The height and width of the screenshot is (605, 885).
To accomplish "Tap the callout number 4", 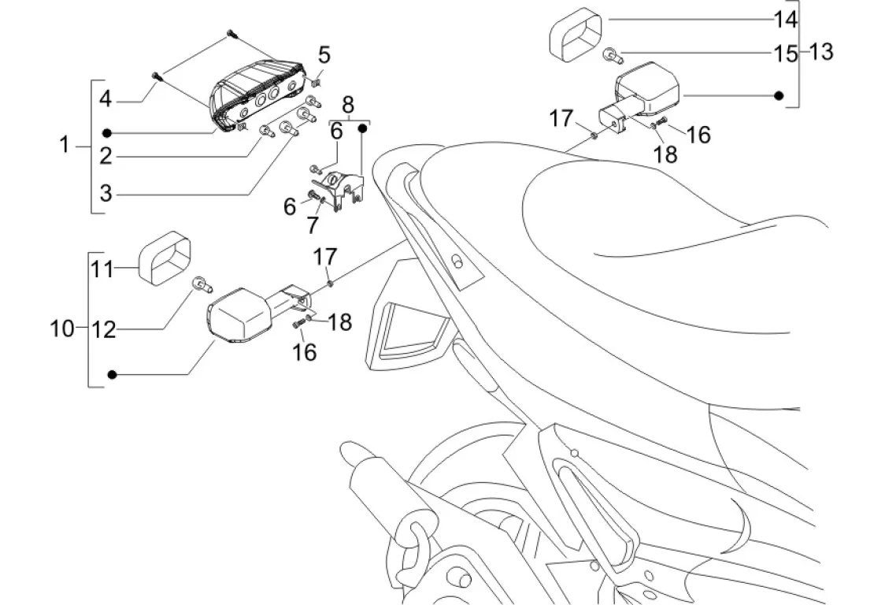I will pos(107,100).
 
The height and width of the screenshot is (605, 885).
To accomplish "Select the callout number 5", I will pos(324,55).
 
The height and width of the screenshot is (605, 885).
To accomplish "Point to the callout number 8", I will pos(348,103).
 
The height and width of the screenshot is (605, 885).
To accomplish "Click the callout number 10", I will pos(61,328).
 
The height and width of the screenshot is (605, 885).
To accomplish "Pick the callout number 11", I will pos(102,269).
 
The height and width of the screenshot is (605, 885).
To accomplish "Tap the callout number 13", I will pos(820,52).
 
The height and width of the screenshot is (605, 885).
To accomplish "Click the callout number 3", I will pos(107,191).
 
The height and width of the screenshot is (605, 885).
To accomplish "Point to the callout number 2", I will pos(107,155).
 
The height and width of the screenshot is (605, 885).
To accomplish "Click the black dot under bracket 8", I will pos(363,126).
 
